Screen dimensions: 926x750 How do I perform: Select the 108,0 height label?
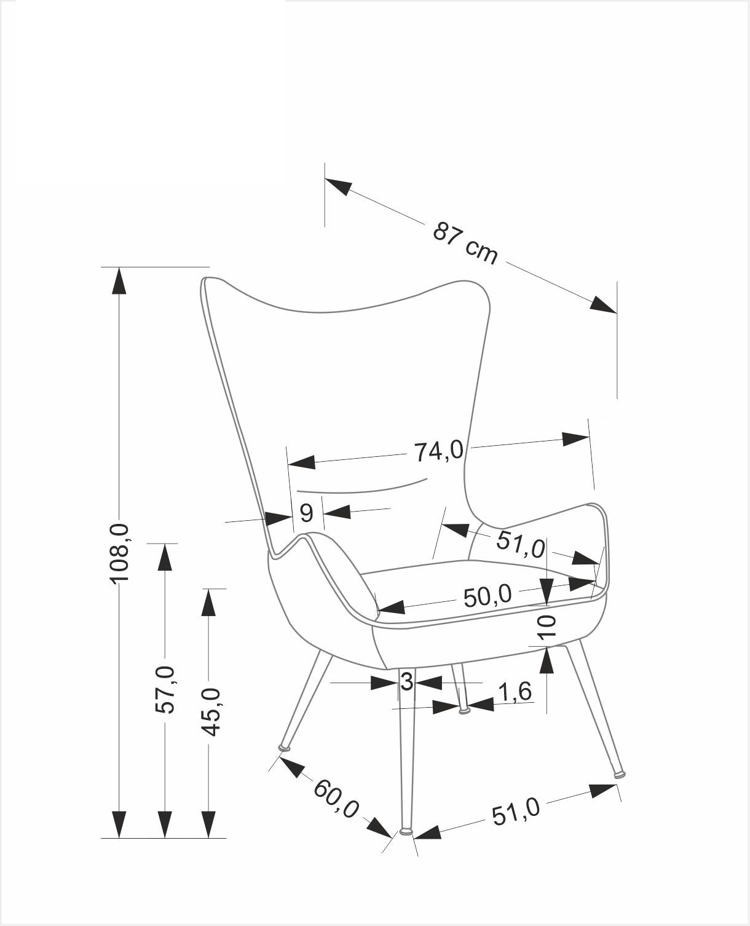pyautogui.click(x=119, y=553)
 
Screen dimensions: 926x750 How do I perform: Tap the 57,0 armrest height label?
pyautogui.click(x=165, y=689)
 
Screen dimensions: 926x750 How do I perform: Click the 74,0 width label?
pyautogui.click(x=438, y=451)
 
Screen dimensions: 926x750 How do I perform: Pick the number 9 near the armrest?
pyautogui.click(x=307, y=512)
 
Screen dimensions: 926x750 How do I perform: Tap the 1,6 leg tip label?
pyautogui.click(x=514, y=692)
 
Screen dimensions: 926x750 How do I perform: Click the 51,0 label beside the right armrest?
pyautogui.click(x=520, y=544)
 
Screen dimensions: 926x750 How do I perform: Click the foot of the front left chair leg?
pyautogui.click(x=406, y=832)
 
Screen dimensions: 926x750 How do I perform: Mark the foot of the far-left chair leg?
pyautogui.click(x=285, y=748)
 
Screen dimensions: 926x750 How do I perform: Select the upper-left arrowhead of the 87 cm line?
pyautogui.click(x=339, y=186)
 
